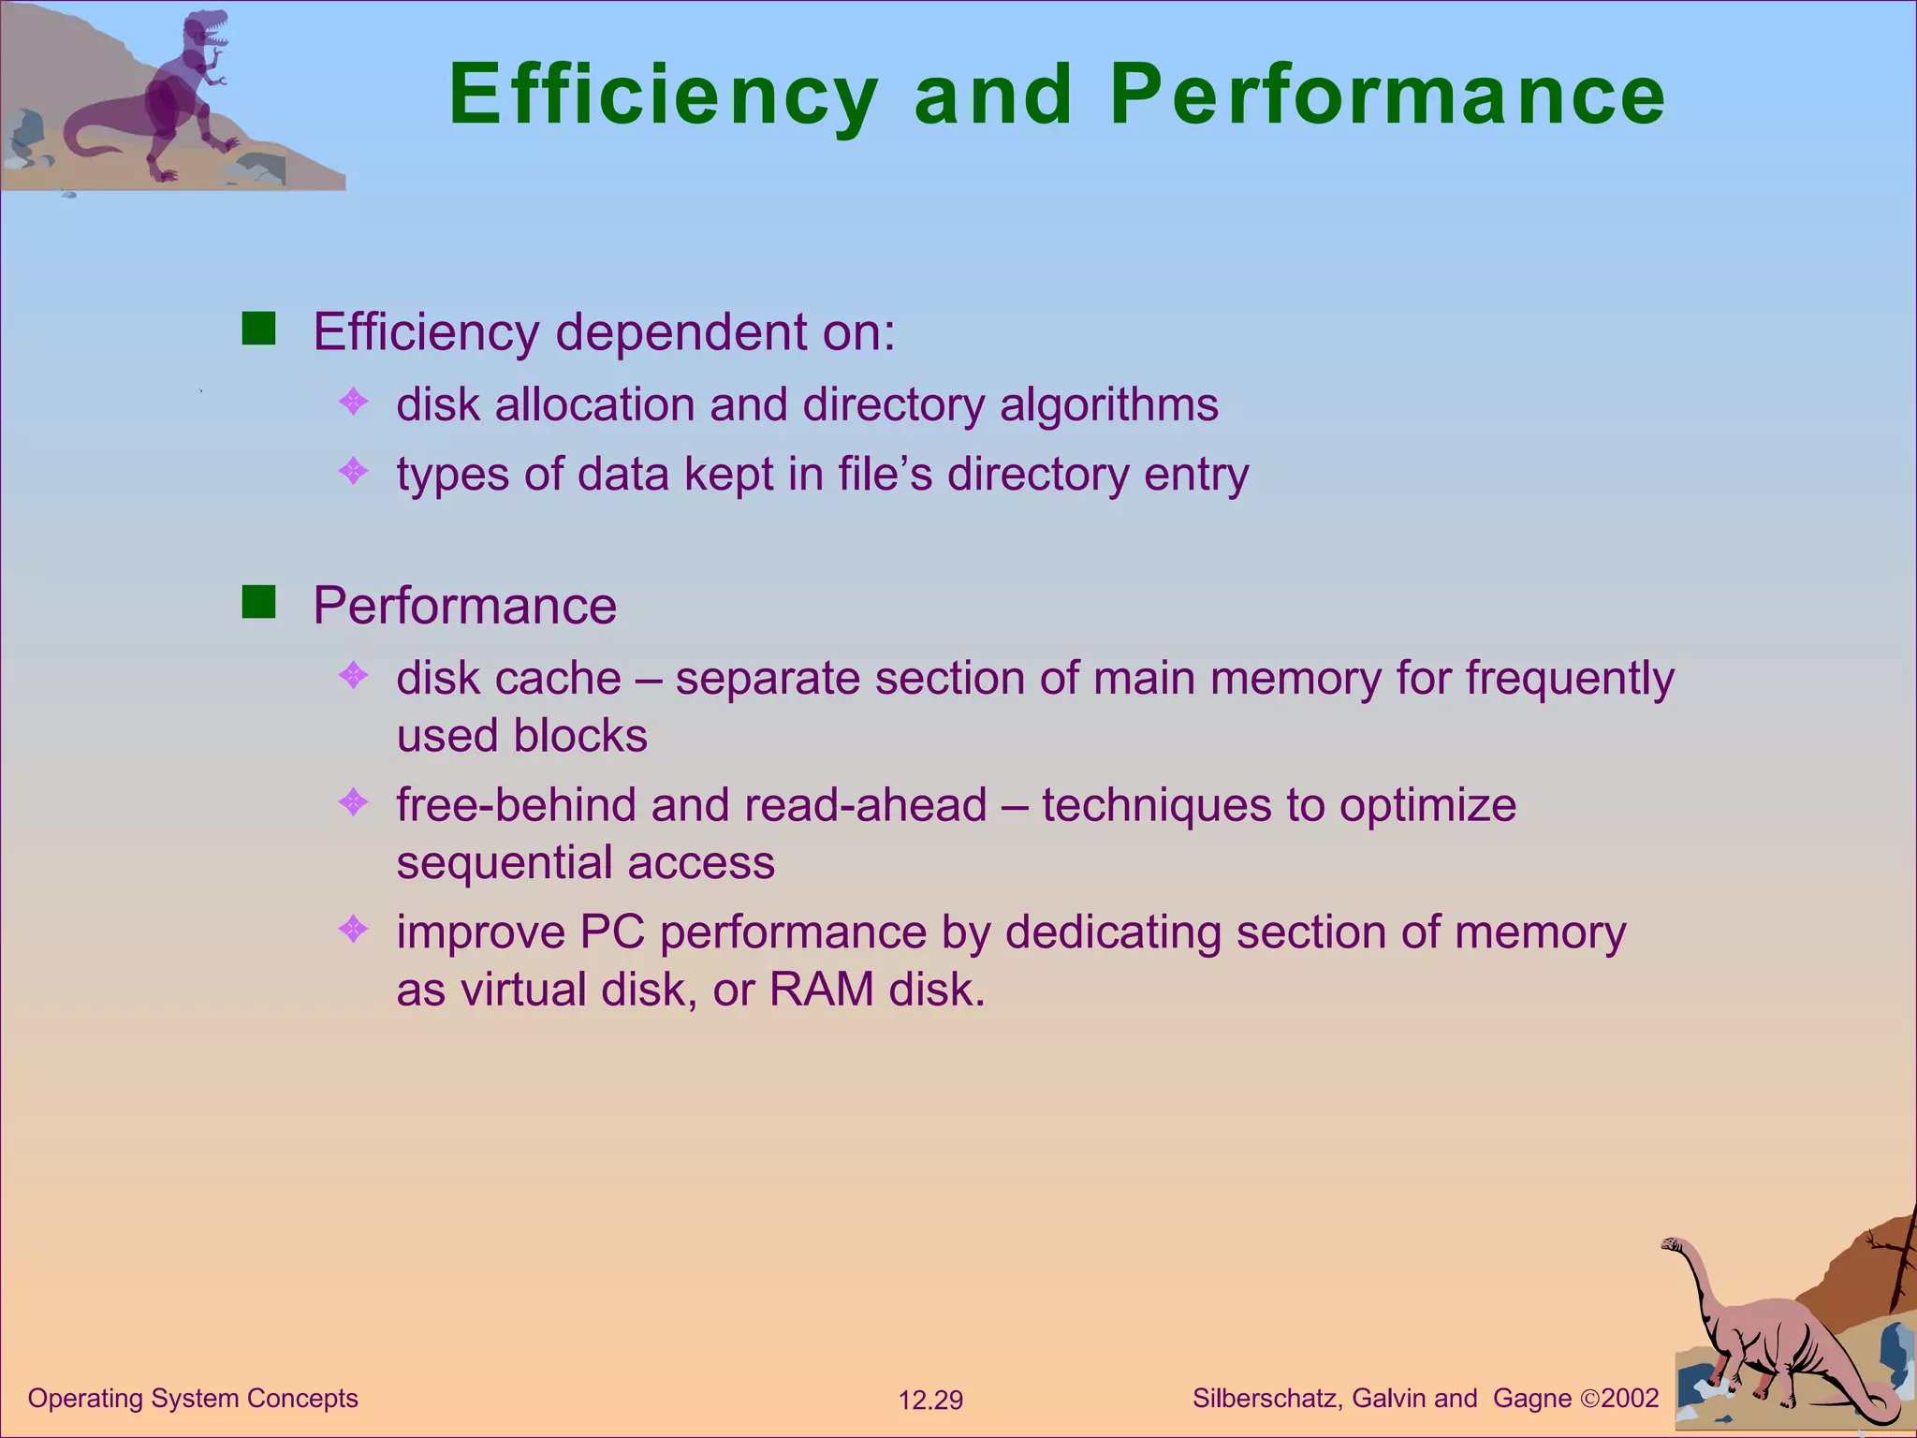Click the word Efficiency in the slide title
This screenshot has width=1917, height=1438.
663,95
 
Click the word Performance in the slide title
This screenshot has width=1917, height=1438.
1387,95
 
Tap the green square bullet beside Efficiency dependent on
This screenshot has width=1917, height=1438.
258,330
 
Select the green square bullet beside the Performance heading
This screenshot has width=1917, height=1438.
258,603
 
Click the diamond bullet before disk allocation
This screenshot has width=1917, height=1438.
354,403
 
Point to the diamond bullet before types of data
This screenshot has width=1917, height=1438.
354,471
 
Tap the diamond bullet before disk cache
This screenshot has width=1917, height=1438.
354,675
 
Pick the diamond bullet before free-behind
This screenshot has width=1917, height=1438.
354,802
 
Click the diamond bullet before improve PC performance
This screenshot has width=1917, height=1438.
354,930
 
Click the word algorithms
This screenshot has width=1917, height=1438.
1108,405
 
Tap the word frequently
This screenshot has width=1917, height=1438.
1570,679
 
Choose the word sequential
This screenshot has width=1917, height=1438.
505,863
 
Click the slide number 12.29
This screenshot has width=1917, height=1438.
930,1401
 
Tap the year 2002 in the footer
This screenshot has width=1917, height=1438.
1630,1399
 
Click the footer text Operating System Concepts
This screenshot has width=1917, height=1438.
193,1399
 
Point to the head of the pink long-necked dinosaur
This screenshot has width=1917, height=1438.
1672,1245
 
